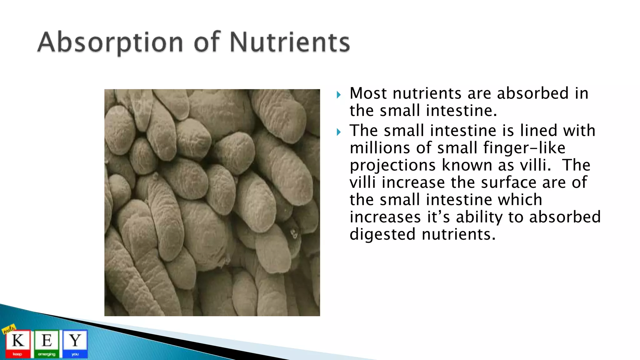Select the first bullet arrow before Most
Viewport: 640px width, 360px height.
click(x=339, y=95)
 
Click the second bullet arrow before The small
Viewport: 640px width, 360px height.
click(x=339, y=132)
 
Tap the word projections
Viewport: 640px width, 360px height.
click(x=392, y=166)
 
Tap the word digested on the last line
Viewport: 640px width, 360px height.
click(x=382, y=235)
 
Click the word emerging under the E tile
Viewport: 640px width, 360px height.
click(x=47, y=354)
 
